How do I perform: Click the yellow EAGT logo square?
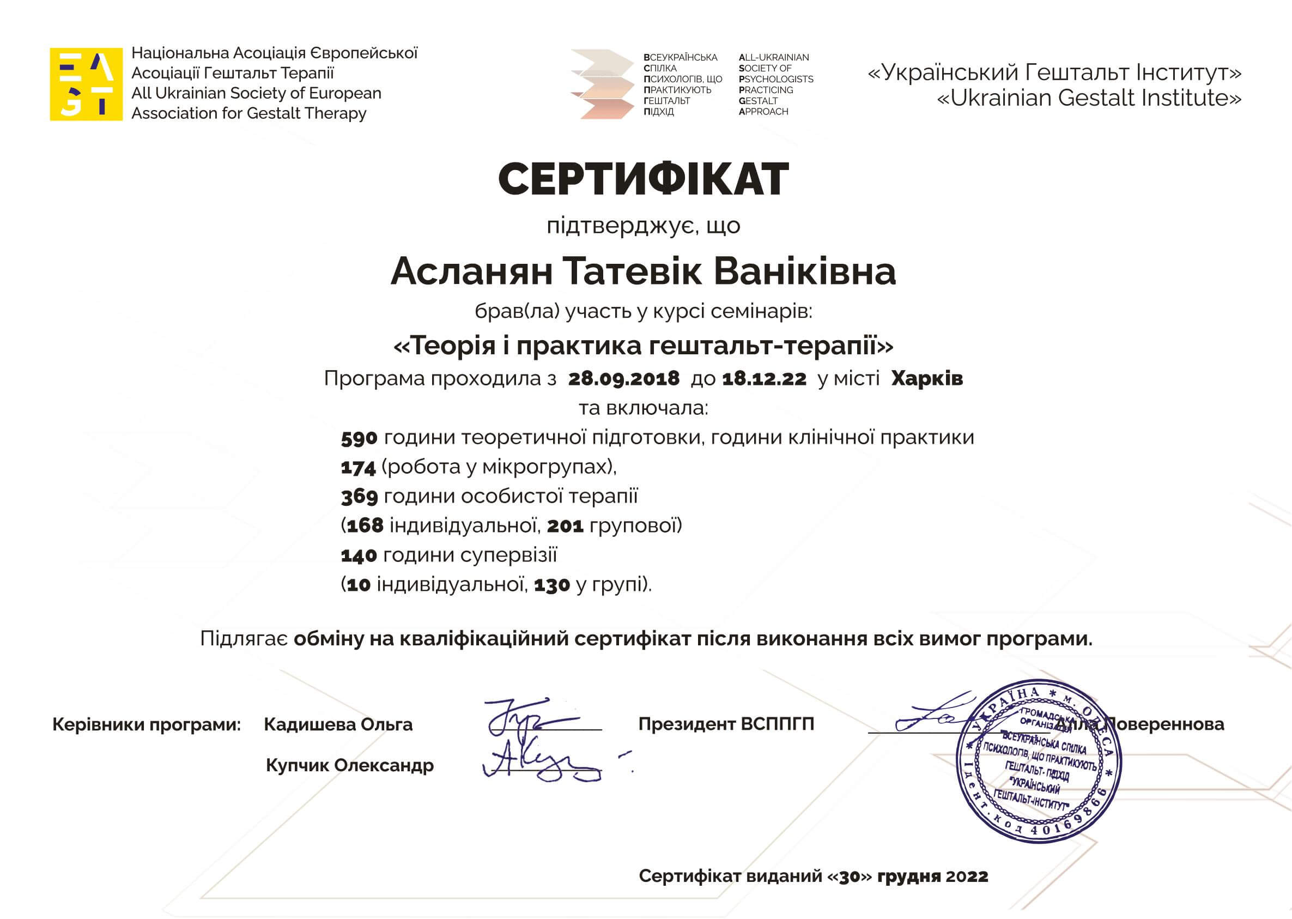coord(86,84)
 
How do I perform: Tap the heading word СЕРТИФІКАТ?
coord(643,179)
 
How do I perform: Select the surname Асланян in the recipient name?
coord(471,271)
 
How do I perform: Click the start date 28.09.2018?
coord(623,378)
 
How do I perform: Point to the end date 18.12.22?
coord(764,378)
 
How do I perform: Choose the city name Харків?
coord(926,378)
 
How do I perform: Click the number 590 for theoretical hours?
coord(359,438)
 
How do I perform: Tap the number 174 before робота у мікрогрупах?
coord(358,468)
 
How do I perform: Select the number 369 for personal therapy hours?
coord(359,497)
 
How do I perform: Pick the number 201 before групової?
coord(565,527)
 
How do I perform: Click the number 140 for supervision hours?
coord(359,555)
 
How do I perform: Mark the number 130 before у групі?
coord(551,585)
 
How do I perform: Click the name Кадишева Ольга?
coord(338,724)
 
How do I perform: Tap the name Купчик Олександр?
coord(350,765)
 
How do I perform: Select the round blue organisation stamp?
coord(1038,761)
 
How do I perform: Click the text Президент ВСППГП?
coord(726,724)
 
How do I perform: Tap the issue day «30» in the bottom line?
coord(850,876)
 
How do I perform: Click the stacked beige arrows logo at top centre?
coord(603,84)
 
